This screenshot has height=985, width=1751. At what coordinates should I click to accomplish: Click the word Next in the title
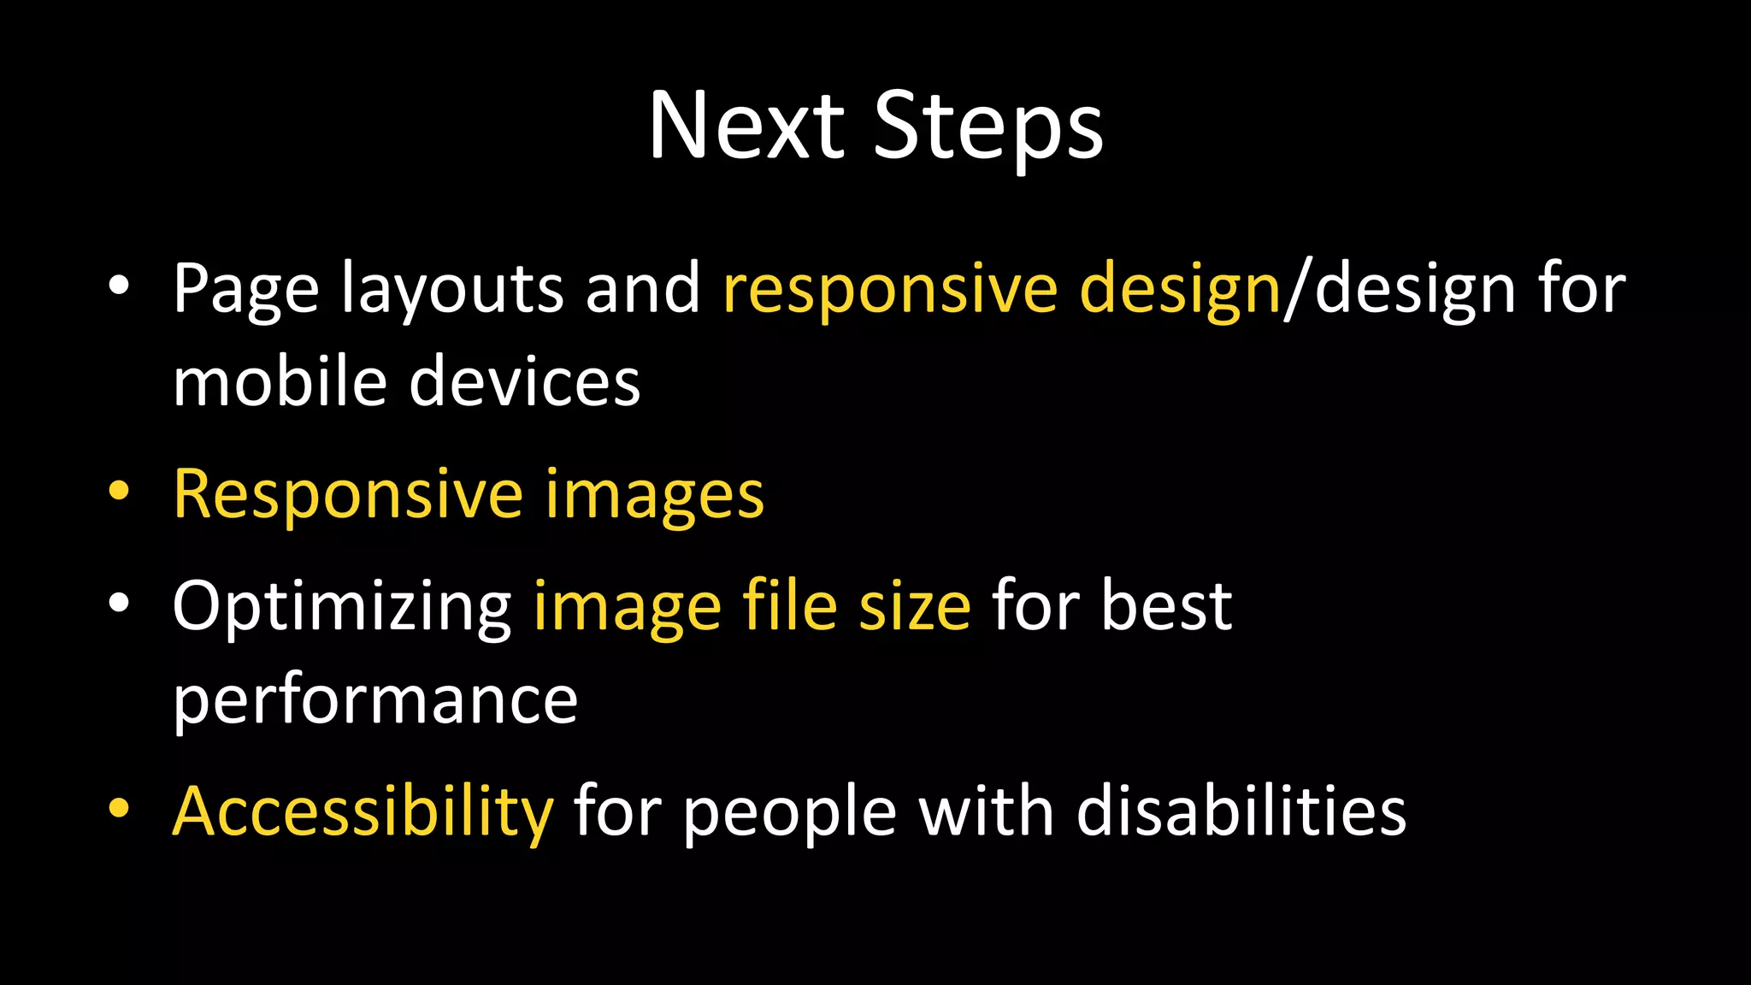746,127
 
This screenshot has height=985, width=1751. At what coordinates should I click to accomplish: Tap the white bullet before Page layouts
119,286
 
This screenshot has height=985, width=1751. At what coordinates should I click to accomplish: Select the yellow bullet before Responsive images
119,492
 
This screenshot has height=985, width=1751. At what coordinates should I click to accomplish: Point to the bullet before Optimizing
119,603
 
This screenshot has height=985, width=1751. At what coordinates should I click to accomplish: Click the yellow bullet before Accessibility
119,808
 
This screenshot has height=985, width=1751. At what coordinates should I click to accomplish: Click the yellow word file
789,605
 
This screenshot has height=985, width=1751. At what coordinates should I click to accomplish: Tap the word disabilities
1241,811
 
